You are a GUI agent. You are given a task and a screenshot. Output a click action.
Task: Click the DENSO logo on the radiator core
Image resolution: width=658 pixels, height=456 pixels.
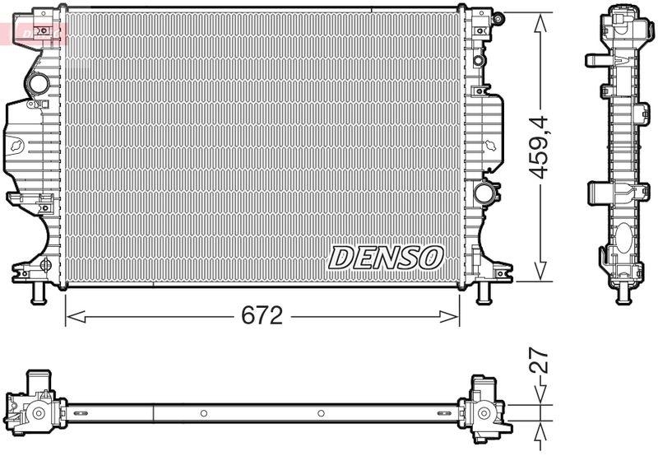click(x=386, y=257)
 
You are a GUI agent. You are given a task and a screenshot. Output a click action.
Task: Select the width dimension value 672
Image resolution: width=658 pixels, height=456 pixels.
click(x=262, y=315)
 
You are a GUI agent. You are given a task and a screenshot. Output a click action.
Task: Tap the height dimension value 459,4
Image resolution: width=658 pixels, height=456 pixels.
click(x=540, y=147)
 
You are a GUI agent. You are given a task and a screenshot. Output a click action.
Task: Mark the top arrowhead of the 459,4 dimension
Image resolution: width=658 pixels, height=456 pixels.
click(x=540, y=20)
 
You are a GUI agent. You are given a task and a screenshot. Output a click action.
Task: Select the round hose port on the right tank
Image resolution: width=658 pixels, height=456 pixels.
click(x=484, y=193)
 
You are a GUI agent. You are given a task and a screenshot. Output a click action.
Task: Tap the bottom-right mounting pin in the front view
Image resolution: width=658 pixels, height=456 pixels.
click(x=485, y=293)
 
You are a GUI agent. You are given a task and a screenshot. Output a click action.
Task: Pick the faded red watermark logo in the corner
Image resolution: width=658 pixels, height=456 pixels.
click(x=33, y=33)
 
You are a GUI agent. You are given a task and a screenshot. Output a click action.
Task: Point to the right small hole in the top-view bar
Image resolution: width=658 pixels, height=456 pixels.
click(x=321, y=413)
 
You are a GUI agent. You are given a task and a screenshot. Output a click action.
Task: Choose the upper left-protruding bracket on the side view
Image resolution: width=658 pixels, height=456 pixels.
click(x=595, y=59)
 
